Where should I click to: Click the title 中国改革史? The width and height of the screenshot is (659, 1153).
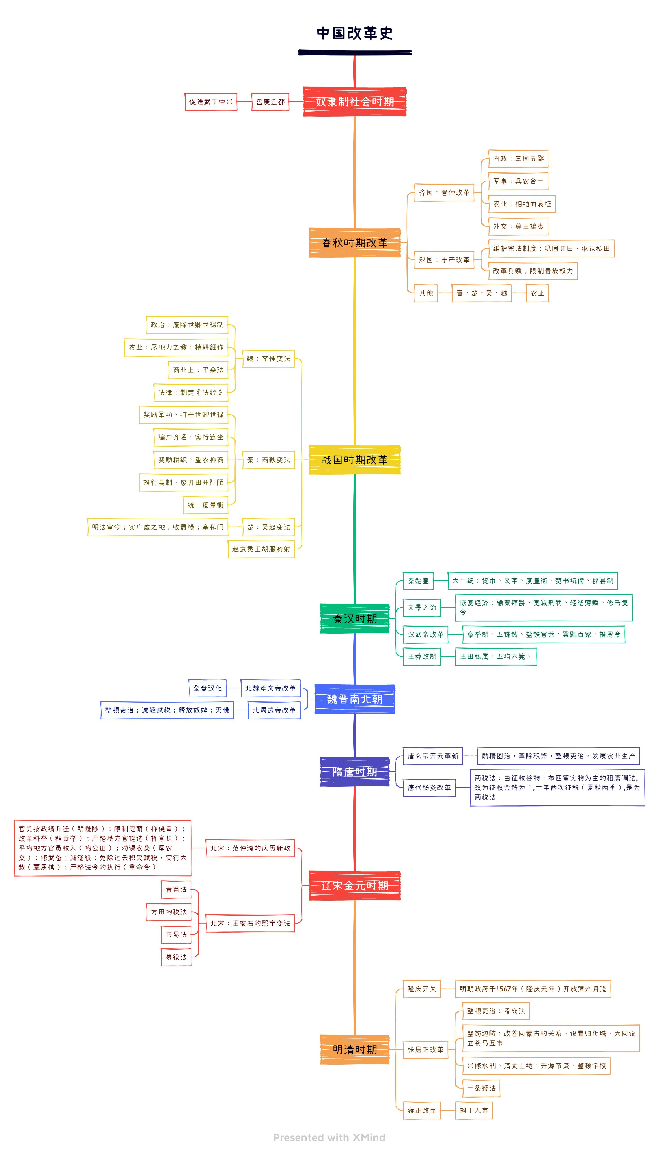tap(354, 33)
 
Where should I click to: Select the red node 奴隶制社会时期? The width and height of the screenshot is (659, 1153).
tap(354, 102)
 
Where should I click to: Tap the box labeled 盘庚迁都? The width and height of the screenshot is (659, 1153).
tap(270, 102)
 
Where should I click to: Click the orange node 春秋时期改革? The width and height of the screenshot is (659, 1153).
tap(354, 243)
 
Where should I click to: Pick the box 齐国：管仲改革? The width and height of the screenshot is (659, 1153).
tap(444, 193)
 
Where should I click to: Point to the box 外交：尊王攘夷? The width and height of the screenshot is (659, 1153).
tap(518, 227)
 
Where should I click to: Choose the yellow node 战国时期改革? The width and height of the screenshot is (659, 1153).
tap(354, 460)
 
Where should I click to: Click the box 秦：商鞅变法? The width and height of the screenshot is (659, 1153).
tap(268, 460)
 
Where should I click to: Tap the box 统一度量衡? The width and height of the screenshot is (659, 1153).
tap(206, 505)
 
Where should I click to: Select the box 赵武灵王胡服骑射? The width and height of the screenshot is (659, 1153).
tap(261, 549)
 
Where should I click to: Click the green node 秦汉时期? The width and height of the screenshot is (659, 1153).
tap(354, 619)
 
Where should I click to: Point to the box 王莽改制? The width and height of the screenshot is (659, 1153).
tap(422, 656)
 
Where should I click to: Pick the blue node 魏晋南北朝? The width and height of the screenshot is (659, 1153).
tap(354, 699)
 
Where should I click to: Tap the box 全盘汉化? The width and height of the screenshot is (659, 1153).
tap(207, 688)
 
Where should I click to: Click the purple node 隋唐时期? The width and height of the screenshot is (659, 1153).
tap(354, 772)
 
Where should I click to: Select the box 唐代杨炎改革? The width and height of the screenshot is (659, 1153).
tap(429, 788)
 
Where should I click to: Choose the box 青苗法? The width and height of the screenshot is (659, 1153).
tap(176, 889)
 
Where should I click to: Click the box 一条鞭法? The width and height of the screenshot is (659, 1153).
tap(481, 1088)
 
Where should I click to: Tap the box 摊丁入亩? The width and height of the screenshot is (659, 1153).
tap(473, 1111)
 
